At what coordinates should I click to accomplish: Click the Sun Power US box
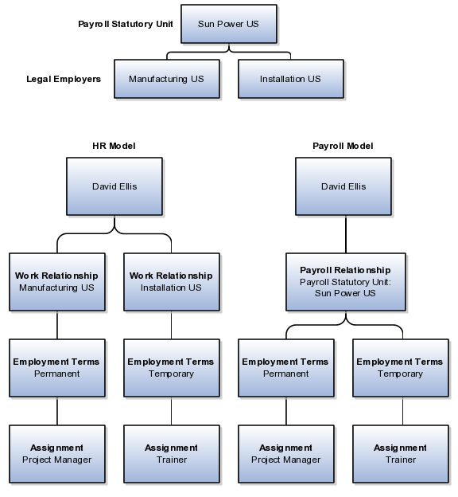click(229, 24)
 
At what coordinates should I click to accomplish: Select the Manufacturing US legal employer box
click(167, 79)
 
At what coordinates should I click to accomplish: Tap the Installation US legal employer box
click(291, 79)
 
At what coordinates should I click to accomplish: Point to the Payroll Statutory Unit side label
click(126, 24)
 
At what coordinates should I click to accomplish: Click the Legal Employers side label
click(64, 79)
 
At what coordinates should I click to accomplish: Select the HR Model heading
click(114, 146)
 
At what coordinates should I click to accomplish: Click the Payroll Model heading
click(343, 146)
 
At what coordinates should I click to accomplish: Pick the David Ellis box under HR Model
click(114, 186)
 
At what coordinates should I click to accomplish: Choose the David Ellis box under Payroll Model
click(343, 186)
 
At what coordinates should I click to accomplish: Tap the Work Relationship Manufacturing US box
click(57, 282)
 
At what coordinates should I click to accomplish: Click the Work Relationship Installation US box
click(172, 282)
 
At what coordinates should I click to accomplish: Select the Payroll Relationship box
click(346, 282)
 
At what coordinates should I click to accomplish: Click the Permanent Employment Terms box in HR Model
click(57, 368)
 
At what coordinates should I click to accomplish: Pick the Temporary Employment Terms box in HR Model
click(172, 368)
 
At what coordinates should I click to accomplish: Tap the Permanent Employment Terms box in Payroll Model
click(286, 368)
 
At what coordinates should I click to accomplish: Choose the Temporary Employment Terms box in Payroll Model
click(401, 368)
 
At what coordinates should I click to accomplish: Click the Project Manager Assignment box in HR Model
click(57, 454)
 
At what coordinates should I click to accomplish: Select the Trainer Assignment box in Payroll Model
click(401, 454)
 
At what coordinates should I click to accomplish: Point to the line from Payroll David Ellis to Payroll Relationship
click(346, 234)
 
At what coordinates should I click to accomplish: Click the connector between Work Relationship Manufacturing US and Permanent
click(57, 325)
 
